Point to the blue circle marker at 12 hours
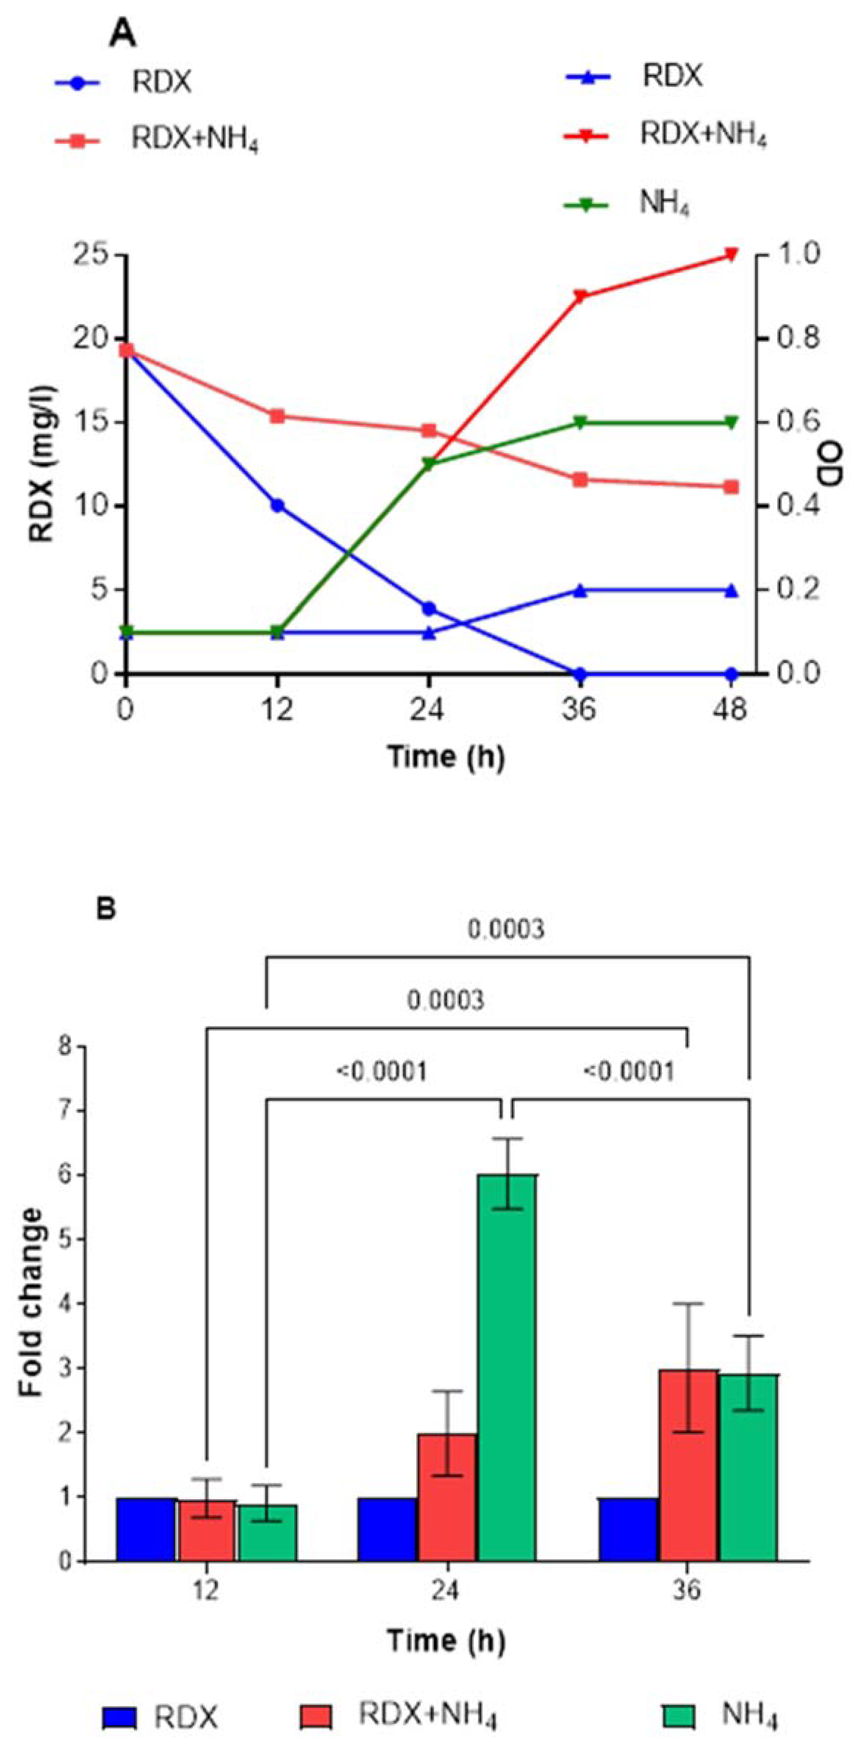pyautogui.click(x=277, y=505)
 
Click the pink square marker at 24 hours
pyautogui.click(x=428, y=431)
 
